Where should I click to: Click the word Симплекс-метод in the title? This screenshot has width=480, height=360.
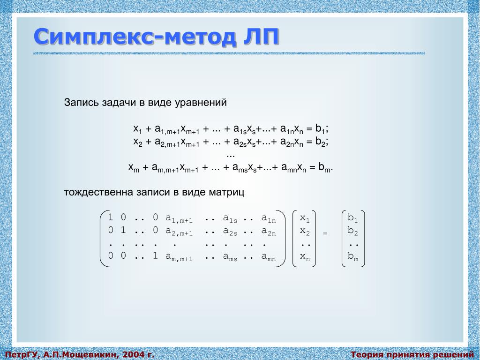click(x=135, y=37)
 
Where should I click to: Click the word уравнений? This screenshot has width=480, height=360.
click(x=201, y=103)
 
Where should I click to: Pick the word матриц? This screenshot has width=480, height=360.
click(x=226, y=193)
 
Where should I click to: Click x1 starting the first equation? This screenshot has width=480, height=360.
click(x=138, y=129)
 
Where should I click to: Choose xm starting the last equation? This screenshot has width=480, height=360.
click(x=134, y=168)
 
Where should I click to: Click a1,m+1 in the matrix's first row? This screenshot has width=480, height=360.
click(x=179, y=218)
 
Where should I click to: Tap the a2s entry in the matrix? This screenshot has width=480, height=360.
click(x=230, y=232)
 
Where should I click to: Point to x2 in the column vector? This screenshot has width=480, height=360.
click(x=305, y=232)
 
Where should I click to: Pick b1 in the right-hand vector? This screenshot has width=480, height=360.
click(x=352, y=218)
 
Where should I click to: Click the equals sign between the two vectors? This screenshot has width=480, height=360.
click(x=325, y=233)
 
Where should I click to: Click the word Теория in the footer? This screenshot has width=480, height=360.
click(x=366, y=354)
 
